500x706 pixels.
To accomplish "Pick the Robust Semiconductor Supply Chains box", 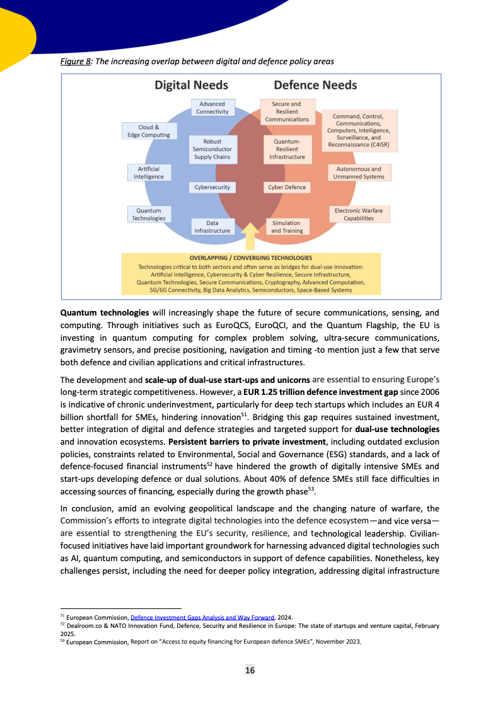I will pos(212,149).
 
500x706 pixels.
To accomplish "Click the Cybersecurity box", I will pos(212,187).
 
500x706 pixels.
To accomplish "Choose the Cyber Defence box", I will pos(287,187).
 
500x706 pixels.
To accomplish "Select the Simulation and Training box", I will pos(286,227).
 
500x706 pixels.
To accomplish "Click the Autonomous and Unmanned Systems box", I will pos(358,173).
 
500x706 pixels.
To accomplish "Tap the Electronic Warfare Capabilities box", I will pos(358,214).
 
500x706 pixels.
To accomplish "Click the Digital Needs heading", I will pos(192,85).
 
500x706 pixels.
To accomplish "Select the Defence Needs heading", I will pos(315,85).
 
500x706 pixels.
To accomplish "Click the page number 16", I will pos(250,670).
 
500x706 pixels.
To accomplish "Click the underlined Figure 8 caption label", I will pos(76,61).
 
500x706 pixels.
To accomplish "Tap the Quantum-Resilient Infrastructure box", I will pos(287,149).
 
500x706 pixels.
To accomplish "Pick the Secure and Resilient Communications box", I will pos(287,111).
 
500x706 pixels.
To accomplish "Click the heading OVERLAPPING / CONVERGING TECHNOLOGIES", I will pos(250,258).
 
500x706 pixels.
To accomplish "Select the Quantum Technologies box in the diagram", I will pos(149,214).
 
